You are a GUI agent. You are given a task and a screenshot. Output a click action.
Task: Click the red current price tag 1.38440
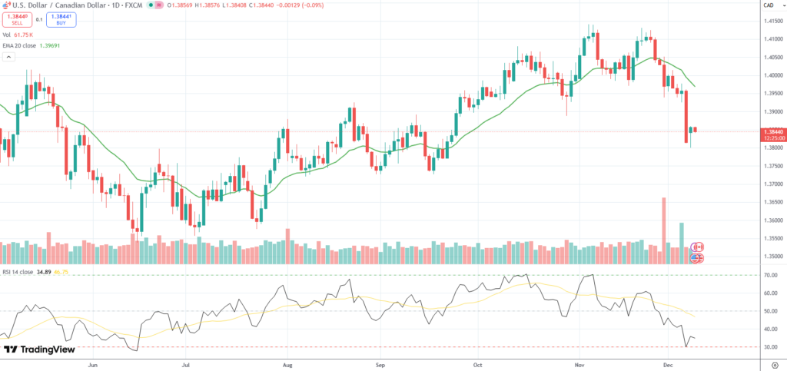tap(772, 132)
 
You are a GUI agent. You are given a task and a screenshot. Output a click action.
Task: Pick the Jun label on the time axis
tap(94, 365)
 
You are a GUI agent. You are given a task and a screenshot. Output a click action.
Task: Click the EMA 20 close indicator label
tap(31, 45)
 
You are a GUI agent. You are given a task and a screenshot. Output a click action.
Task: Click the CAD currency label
tap(769, 5)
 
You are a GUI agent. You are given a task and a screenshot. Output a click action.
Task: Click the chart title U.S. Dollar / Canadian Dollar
tap(58, 5)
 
